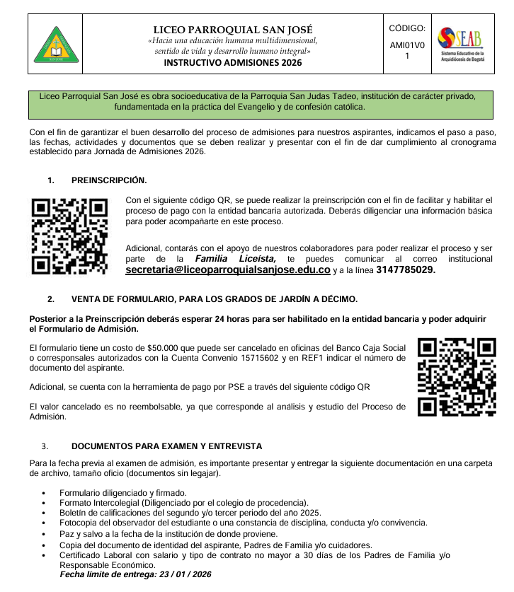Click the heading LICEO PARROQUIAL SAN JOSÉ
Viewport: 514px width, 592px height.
pos(232,30)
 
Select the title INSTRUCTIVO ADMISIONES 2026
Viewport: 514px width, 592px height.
pos(232,62)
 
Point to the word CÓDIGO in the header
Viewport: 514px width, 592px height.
pos(407,29)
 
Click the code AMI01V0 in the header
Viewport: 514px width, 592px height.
pos(407,45)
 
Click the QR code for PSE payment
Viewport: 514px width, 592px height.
pos(457,377)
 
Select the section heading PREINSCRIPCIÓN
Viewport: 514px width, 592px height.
pos(109,180)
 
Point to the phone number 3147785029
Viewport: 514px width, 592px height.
pos(406,270)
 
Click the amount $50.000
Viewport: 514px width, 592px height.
pos(166,347)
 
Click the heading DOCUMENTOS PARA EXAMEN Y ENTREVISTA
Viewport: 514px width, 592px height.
pos(166,446)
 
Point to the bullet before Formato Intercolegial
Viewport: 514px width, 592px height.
pos(45,503)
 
